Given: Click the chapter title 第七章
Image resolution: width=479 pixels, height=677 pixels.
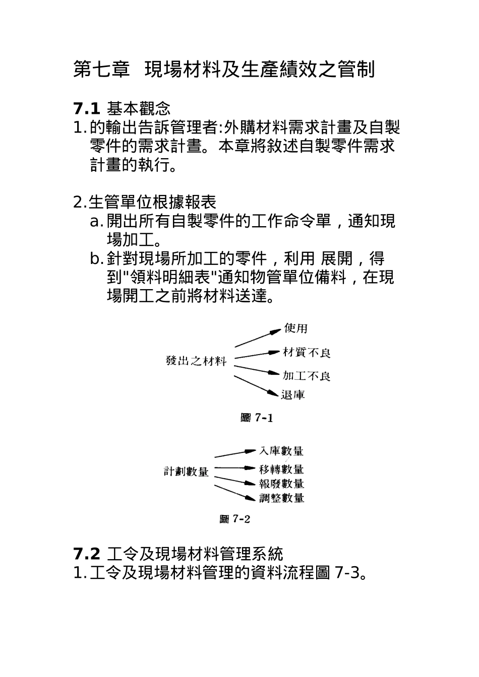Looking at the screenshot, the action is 101,70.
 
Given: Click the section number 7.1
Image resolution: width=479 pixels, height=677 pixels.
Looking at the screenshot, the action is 88,108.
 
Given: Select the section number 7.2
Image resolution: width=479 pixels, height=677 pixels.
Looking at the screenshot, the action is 88,554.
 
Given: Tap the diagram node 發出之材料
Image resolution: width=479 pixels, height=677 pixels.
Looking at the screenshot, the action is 196,361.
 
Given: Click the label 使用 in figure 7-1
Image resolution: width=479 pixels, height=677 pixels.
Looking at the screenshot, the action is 295,328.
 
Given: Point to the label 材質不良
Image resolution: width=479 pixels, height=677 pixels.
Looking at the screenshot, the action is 307,353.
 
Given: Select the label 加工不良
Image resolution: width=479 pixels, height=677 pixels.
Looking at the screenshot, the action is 306,376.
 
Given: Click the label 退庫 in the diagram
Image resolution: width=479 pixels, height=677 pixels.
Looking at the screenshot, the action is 293,394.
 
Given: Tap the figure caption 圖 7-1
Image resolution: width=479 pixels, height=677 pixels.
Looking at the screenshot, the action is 257,418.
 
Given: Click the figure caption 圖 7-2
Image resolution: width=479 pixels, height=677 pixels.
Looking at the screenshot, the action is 235,519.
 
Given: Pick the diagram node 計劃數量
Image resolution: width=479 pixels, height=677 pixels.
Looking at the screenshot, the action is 186,471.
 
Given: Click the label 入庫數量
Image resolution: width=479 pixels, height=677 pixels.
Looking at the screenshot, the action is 281,451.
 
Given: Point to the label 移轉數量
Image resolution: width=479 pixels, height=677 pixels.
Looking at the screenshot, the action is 281,469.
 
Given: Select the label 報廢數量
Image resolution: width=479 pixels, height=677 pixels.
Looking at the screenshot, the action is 281,484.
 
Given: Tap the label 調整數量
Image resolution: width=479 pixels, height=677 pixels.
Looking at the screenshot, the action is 281,498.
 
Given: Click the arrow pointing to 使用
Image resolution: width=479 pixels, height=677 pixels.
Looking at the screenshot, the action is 257,338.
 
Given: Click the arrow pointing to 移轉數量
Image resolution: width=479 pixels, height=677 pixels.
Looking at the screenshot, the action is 235,468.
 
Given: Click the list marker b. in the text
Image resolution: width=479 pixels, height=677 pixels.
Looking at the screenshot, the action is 97,259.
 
